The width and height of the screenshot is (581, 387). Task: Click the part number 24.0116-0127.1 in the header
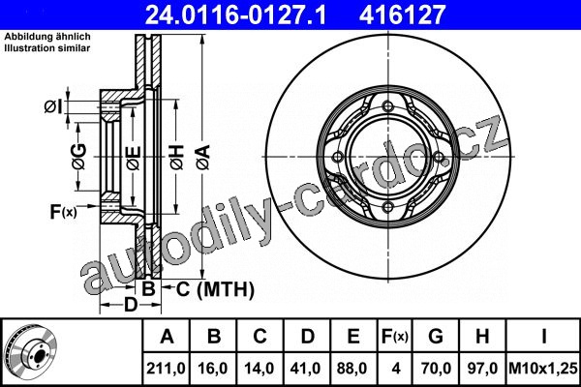[235, 15]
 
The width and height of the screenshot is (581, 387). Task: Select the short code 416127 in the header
[402, 15]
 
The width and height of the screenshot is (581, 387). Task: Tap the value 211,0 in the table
[166, 369]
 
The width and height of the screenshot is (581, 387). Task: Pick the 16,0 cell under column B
[213, 369]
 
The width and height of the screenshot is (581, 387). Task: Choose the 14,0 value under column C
[260, 369]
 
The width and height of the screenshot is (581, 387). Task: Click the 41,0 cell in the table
[306, 369]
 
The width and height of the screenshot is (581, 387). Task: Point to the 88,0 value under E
[352, 369]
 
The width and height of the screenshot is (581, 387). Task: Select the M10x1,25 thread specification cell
[543, 369]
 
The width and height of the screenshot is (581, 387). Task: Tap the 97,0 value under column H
[482, 369]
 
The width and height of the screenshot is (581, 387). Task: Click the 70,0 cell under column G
[436, 369]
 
